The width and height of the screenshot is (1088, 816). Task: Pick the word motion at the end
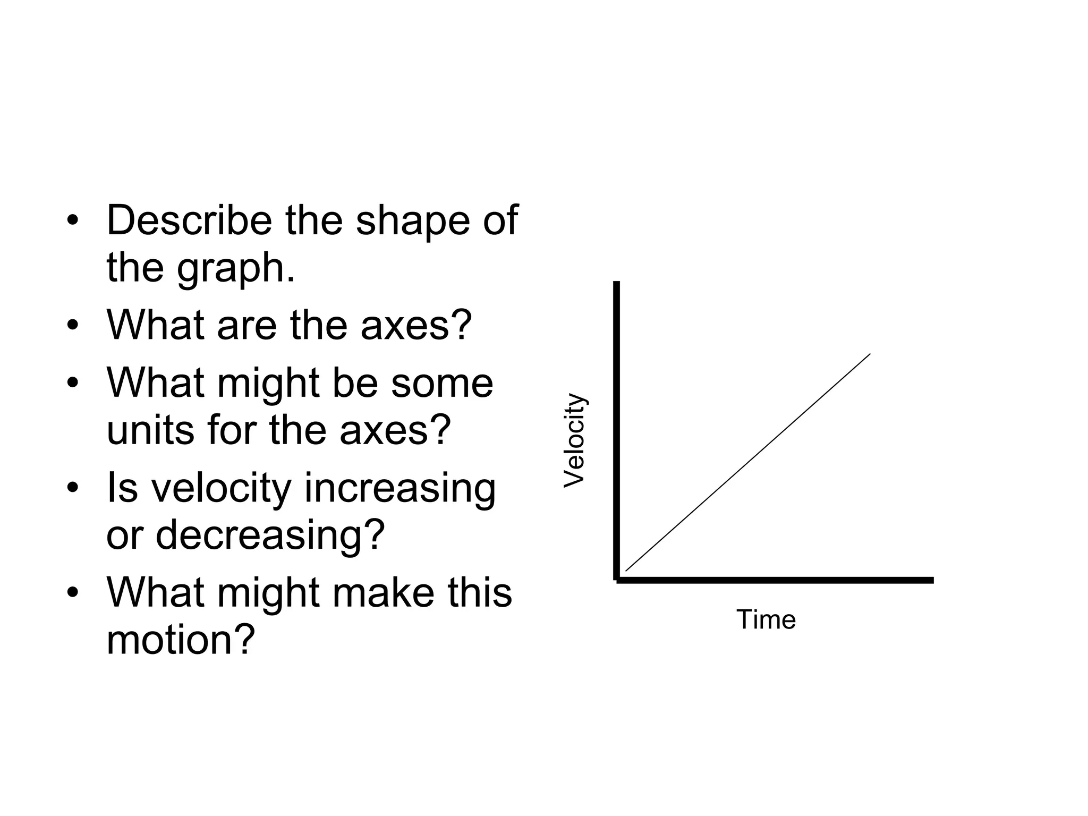181,640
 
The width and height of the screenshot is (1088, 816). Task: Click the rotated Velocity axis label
575,440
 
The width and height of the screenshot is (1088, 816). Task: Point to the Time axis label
766,620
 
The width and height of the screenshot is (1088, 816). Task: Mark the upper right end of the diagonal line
870,354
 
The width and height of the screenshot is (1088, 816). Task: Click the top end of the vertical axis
616,284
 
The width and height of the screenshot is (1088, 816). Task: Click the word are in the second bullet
246,325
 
